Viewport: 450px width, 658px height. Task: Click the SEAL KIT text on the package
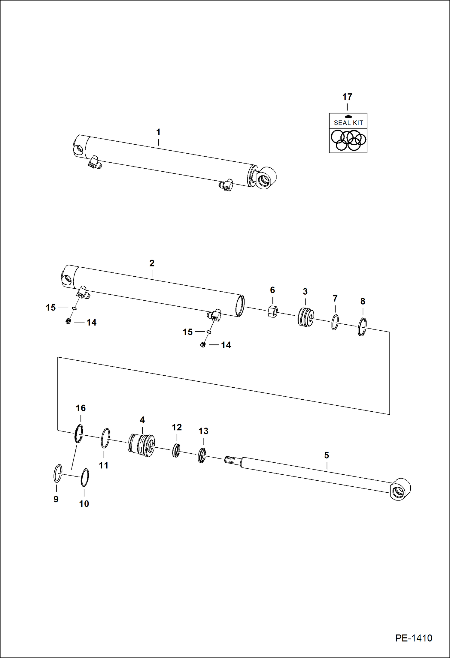tap(348, 123)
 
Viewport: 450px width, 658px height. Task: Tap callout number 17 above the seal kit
tap(347, 97)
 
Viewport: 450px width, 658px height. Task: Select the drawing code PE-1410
tap(413, 638)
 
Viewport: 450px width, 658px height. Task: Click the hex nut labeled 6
tap(272, 311)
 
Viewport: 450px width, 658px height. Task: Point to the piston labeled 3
tap(306, 317)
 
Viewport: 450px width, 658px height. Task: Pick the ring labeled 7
tap(335, 322)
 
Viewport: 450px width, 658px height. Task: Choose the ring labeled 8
tap(362, 327)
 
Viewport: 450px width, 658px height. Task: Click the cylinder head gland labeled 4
tap(141, 445)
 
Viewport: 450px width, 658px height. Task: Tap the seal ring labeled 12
tap(176, 450)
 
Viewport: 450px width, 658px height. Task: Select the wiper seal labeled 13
tap(202, 455)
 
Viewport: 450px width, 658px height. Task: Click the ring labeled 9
tap(58, 473)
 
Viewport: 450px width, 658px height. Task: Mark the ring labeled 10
tap(85, 477)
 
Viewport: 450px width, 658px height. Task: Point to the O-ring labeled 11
tap(105, 438)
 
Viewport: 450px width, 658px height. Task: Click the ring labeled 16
tap(79, 434)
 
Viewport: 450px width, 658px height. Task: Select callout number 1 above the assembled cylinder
tap(158, 132)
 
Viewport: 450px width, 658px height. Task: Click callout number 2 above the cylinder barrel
tap(152, 263)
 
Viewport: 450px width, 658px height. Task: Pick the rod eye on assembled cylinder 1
tap(266, 178)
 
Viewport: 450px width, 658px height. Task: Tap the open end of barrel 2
tap(240, 306)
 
